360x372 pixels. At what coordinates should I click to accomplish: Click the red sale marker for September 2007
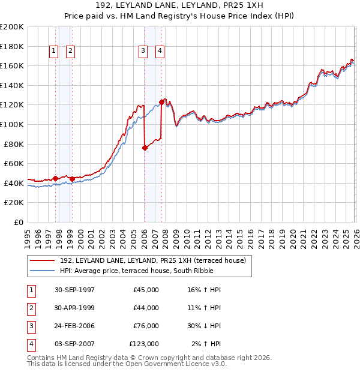[x=161, y=101]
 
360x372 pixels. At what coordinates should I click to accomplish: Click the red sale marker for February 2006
[x=145, y=148]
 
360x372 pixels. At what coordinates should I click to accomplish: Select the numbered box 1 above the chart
[x=54, y=52]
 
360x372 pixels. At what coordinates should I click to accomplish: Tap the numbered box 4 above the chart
[x=160, y=52]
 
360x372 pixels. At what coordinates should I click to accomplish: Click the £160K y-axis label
[x=13, y=65]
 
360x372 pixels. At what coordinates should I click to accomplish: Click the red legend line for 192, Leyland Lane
[x=43, y=260]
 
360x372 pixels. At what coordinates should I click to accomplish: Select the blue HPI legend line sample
[x=43, y=271]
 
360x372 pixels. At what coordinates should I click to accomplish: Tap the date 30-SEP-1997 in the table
[x=74, y=290]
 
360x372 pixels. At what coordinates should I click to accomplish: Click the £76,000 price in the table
[x=146, y=326]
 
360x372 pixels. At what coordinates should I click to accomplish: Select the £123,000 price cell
[x=144, y=344]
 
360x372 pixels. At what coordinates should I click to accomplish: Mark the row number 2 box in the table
[x=31, y=308]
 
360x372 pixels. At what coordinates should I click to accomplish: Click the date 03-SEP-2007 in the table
[x=74, y=344]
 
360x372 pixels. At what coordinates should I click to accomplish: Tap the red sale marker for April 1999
[x=72, y=179]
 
